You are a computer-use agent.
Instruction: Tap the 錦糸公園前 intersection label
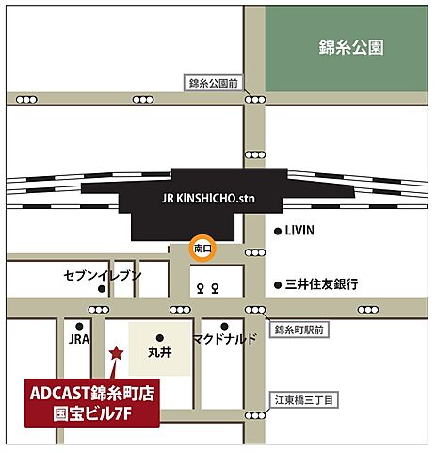click(216, 83)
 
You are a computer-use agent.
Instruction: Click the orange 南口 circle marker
click(202, 248)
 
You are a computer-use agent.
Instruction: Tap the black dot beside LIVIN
click(277, 231)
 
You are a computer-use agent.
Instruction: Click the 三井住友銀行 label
click(323, 283)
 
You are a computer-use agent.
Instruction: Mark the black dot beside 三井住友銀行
click(277, 283)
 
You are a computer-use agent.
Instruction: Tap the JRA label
click(78, 338)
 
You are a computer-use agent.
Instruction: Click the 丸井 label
click(158, 354)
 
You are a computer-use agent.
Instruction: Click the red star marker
click(116, 353)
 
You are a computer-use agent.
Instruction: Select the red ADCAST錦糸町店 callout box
click(92, 400)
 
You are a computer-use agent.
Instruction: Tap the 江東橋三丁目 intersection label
click(299, 401)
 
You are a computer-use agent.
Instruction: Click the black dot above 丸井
click(159, 337)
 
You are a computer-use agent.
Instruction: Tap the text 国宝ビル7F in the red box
click(92, 412)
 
